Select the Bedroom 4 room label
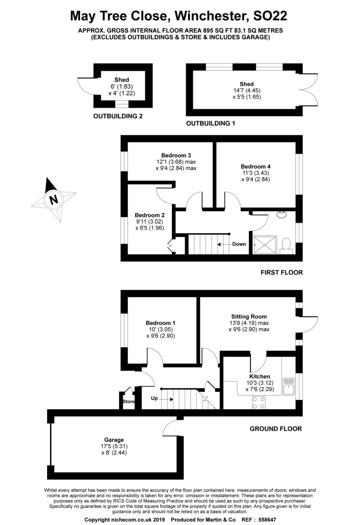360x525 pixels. tap(255, 166)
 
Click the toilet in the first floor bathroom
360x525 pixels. tap(287, 245)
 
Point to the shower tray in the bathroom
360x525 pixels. tap(265, 245)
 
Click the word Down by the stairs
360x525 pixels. tap(239, 244)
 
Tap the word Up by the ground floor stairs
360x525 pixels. tap(154, 399)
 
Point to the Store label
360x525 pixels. tap(128, 401)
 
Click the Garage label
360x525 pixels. tap(114, 440)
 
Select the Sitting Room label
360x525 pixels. tap(249, 316)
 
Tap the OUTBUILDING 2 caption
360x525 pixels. tap(118, 116)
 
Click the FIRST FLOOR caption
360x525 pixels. tap(281, 273)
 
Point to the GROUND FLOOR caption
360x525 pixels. tap(276, 429)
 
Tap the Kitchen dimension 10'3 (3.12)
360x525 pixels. tap(259, 383)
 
